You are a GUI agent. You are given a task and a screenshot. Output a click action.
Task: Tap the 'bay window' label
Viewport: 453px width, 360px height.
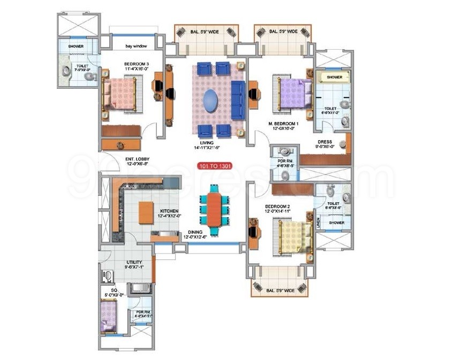coord(137,47)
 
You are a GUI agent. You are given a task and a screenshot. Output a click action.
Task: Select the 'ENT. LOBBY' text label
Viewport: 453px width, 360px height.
coord(138,159)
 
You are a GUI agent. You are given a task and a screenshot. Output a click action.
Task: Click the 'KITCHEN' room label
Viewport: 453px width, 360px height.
coord(169,211)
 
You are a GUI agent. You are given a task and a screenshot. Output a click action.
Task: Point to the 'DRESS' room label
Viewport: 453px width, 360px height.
coord(324,142)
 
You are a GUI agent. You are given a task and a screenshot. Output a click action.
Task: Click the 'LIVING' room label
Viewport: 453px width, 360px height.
coord(208,143)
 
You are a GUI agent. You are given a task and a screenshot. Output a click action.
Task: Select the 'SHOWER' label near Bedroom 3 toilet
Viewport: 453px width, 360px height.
coord(76,47)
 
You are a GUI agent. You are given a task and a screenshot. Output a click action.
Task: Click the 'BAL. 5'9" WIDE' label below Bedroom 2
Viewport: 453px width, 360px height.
coord(281,290)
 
